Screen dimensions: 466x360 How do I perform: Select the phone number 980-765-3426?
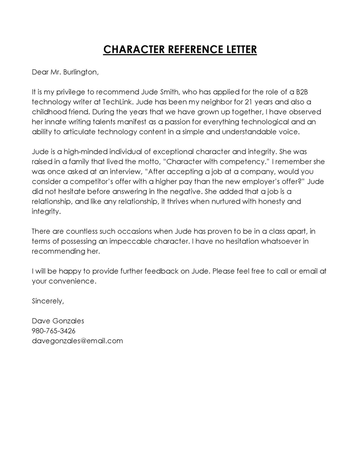click(x=54, y=331)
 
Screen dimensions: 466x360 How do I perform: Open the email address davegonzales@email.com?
click(x=77, y=341)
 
